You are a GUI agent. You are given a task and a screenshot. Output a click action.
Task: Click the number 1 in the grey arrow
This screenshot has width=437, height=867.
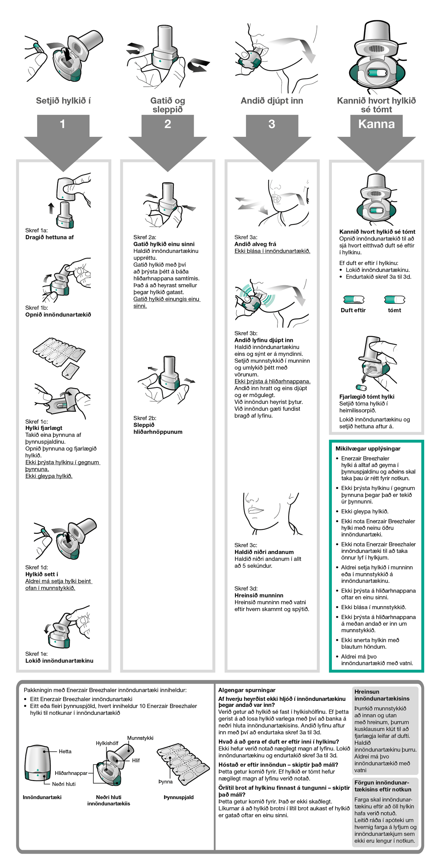pyautogui.click(x=63, y=124)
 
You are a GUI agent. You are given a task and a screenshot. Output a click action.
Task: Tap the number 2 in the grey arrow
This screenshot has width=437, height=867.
pyautogui.click(x=167, y=124)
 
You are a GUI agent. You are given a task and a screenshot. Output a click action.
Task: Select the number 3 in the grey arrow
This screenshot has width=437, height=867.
pyautogui.click(x=272, y=124)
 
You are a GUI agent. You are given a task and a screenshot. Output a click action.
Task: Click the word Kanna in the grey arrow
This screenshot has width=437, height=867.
pyautogui.click(x=376, y=124)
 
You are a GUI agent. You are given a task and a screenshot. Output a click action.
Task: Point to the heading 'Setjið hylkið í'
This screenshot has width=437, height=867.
pyautogui.click(x=63, y=101)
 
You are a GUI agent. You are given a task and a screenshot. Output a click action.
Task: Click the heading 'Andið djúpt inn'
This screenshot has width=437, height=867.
pyautogui.click(x=272, y=101)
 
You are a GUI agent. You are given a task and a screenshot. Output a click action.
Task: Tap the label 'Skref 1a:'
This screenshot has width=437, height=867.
pyautogui.click(x=36, y=230)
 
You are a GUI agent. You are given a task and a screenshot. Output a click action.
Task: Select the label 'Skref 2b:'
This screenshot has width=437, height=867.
pyautogui.click(x=145, y=418)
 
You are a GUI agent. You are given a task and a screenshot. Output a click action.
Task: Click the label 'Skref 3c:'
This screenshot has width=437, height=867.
pyautogui.click(x=246, y=545)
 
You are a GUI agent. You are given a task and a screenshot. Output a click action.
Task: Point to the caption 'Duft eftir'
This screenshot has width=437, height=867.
pyautogui.click(x=353, y=310)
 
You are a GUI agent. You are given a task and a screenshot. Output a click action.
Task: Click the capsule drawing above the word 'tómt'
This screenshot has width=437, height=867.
pyautogui.click(x=395, y=300)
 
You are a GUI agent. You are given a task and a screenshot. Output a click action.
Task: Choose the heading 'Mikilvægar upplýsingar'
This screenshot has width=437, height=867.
pyautogui.click(x=368, y=448)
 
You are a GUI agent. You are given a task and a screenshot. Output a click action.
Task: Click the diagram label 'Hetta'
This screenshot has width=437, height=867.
pyautogui.click(x=65, y=751)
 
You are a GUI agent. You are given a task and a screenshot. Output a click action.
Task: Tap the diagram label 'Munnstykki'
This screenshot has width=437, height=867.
pyautogui.click(x=140, y=738)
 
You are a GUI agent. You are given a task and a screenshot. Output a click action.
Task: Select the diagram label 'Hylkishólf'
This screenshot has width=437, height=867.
pyautogui.click(x=107, y=743)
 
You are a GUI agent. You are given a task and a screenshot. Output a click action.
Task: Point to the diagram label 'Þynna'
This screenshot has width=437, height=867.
pyautogui.click(x=165, y=782)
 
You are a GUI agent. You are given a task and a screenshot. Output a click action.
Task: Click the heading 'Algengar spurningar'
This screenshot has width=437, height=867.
pyautogui.click(x=247, y=690)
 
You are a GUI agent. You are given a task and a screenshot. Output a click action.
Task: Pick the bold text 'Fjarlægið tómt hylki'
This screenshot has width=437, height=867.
pyautogui.click(x=366, y=396)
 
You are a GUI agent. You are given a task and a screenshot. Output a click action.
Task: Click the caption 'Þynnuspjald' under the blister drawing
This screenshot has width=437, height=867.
pyautogui.click(x=178, y=797)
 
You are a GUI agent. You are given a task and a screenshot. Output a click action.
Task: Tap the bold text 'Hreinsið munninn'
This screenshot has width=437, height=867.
pyautogui.click(x=259, y=595)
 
